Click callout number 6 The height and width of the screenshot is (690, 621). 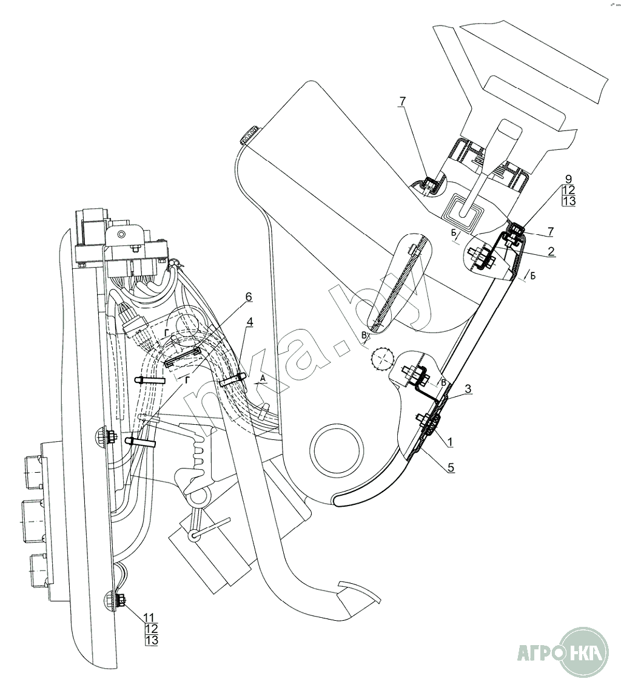249,297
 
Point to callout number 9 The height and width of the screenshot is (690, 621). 569,179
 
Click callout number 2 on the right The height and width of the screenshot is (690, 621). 551,251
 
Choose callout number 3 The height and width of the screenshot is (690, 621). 468,388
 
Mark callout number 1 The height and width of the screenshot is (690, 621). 449,441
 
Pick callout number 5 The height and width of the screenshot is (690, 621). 451,467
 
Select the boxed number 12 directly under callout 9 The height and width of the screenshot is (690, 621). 569,190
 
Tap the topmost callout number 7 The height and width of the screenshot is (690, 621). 403,101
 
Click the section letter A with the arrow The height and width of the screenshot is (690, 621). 263,378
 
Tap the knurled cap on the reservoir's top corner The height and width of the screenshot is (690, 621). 250,135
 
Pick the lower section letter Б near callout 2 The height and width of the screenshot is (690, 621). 532,276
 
